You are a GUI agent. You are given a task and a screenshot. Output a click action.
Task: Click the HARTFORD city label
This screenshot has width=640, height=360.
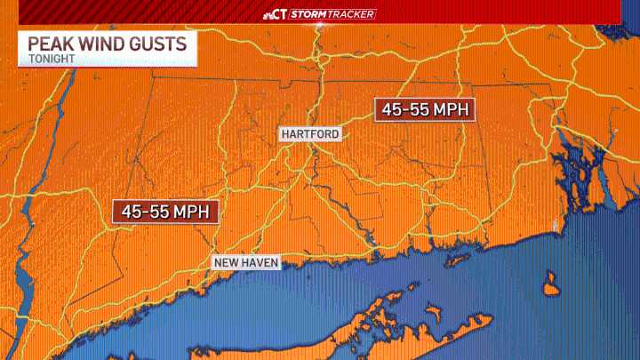310,134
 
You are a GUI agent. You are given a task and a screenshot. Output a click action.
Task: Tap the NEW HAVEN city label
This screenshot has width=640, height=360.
246,262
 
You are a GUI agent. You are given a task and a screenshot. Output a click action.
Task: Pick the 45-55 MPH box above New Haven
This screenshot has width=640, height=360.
166,212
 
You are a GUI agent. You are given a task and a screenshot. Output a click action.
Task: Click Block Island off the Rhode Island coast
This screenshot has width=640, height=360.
551,288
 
